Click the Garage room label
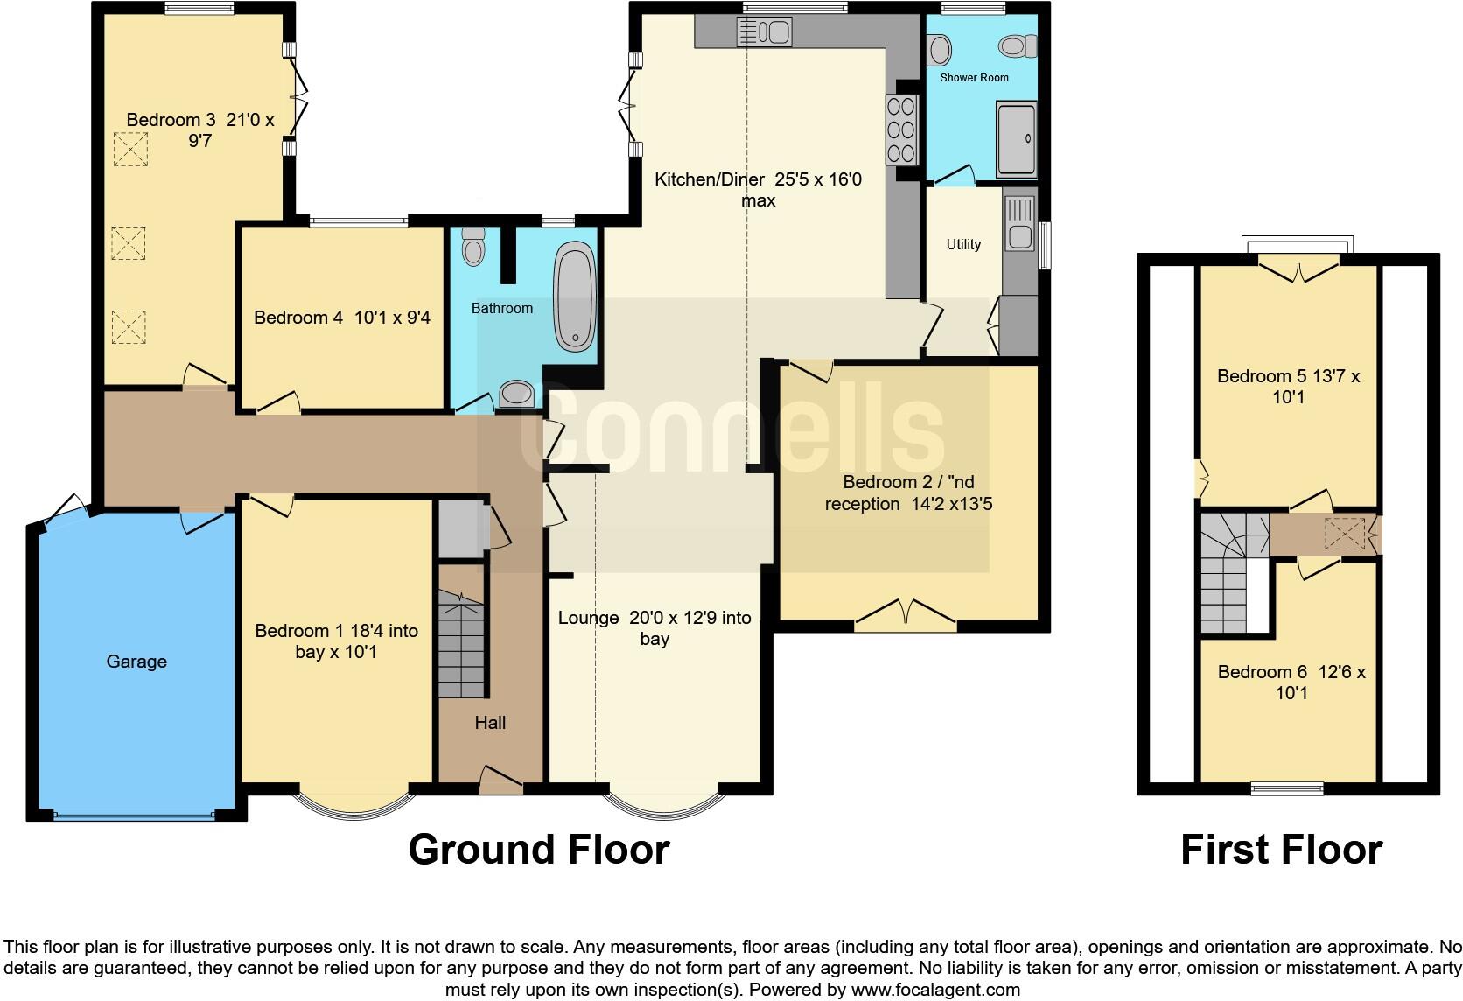136,661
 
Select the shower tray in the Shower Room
1016,139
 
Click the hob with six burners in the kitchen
901,129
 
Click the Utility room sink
1018,223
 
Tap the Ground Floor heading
539,850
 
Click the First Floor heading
1281,850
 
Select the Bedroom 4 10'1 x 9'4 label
342,318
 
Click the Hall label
490,723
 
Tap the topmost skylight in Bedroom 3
130,149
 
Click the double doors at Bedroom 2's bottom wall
905,615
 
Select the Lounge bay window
664,806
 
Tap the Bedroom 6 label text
1291,682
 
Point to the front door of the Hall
500,781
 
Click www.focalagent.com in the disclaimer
934,990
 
